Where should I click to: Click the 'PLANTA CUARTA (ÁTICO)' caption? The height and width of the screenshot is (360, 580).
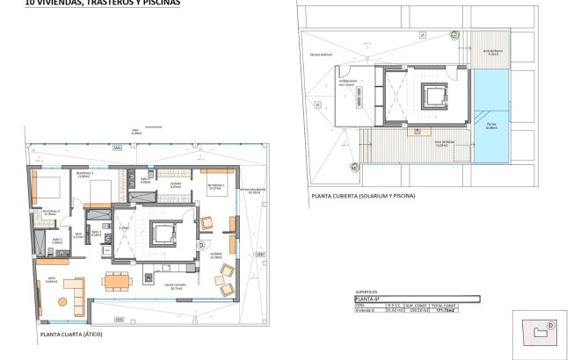point(74,335)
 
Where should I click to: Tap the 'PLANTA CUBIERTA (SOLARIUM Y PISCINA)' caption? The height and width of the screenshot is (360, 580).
point(361,195)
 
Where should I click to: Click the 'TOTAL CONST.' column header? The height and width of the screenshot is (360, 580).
point(464,305)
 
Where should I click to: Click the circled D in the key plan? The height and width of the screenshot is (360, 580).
point(551,324)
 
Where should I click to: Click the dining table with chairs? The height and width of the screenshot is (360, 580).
point(117,280)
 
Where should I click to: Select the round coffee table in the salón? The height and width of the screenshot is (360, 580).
point(62,301)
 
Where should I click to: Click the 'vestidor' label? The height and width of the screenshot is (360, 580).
point(175,184)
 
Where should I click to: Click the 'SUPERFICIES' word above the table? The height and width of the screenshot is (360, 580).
point(366,291)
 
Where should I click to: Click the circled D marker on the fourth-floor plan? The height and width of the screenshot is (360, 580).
point(201,245)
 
